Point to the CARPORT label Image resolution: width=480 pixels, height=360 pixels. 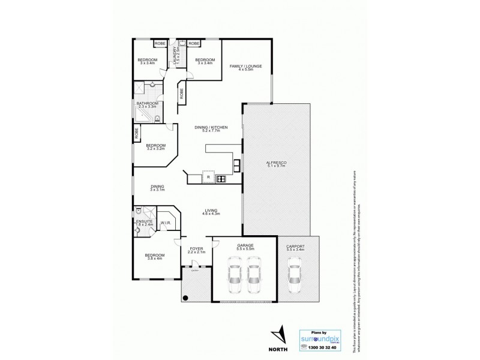(x=295, y=247)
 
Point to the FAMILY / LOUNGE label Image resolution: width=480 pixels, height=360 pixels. (x=246, y=67)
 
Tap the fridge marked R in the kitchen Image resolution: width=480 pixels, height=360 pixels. (x=208, y=178)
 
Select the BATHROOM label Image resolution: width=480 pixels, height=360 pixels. (x=147, y=104)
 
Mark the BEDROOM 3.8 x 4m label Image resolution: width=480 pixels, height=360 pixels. (x=154, y=256)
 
